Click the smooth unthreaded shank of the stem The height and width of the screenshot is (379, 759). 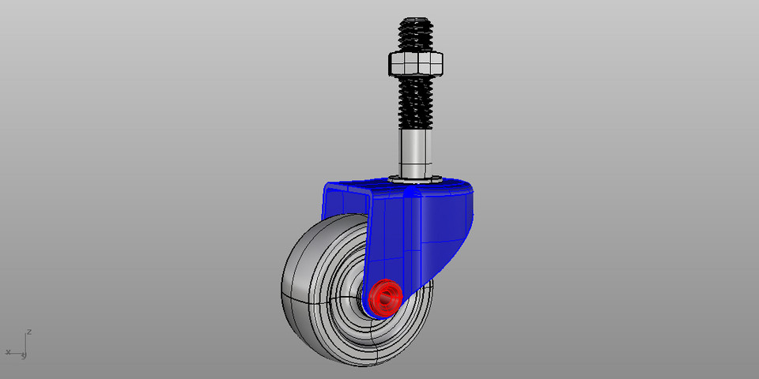417,152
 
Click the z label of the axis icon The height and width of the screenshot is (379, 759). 29,332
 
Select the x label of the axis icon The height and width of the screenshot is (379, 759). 8,351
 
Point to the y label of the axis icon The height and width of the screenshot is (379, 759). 25,356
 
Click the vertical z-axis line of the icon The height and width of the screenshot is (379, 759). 28,343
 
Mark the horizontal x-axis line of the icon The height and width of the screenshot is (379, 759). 18,352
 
